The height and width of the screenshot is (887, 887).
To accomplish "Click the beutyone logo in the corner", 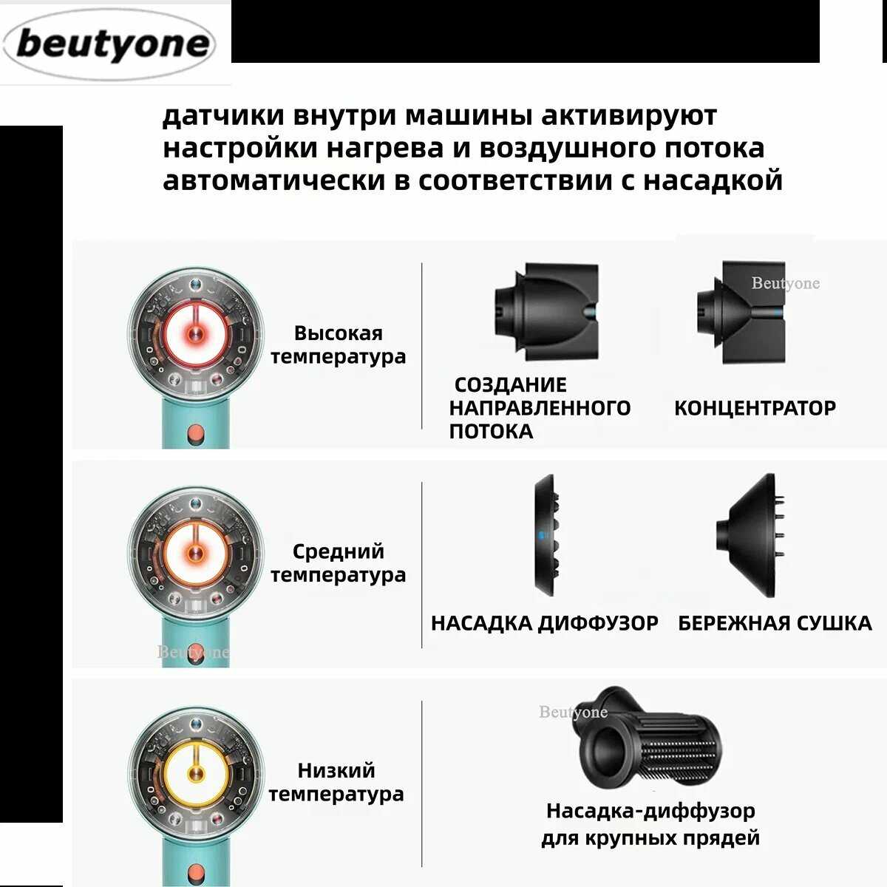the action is click(x=109, y=44).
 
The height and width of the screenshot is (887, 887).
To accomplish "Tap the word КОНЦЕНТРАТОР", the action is click(x=755, y=408).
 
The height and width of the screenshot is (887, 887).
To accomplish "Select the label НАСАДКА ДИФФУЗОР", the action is click(x=545, y=623).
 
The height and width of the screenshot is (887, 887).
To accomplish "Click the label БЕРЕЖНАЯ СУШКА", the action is click(x=775, y=623).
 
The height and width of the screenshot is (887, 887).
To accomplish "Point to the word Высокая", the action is click(x=339, y=333).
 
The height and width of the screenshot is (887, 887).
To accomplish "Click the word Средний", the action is click(x=339, y=551).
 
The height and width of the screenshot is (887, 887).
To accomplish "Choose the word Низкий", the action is click(x=336, y=770).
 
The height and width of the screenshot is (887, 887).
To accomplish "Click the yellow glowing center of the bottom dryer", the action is click(x=196, y=774).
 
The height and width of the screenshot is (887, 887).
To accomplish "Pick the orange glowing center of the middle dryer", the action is click(x=196, y=554).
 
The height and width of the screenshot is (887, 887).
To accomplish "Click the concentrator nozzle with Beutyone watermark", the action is click(x=741, y=312).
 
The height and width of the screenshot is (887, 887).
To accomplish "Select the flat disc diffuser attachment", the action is click(x=547, y=535).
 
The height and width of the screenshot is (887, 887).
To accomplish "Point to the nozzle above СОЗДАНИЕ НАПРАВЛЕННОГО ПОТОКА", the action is click(x=547, y=312).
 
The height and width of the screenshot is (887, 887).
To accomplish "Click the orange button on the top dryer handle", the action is click(x=196, y=435).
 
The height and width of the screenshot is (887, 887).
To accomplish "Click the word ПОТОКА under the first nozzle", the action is click(x=491, y=432).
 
